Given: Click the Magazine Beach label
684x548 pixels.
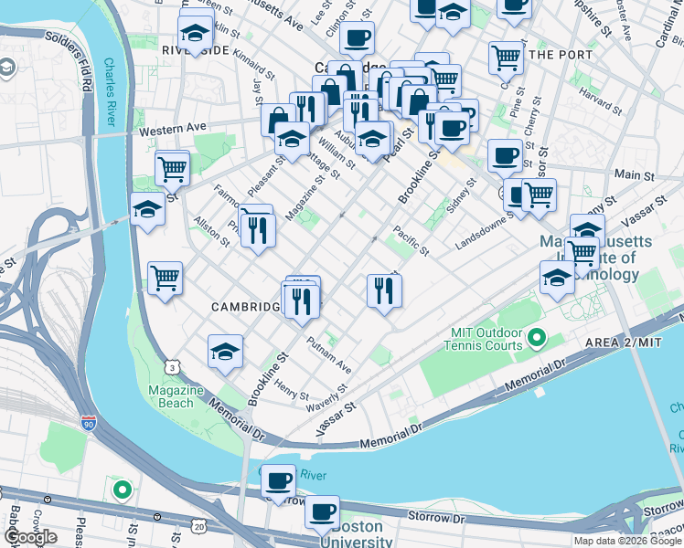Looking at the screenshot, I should (176, 396).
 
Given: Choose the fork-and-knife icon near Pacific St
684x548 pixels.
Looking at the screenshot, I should (383, 290).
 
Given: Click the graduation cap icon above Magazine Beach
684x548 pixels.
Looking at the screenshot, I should (225, 352).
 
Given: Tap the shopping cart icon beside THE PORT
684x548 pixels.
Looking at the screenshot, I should (505, 58).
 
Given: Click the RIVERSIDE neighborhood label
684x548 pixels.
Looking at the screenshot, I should (196, 49).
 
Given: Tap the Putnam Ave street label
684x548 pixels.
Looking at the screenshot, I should (330, 353).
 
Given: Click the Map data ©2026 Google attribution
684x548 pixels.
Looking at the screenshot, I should (627, 541).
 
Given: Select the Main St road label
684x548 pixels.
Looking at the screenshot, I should (628, 174).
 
